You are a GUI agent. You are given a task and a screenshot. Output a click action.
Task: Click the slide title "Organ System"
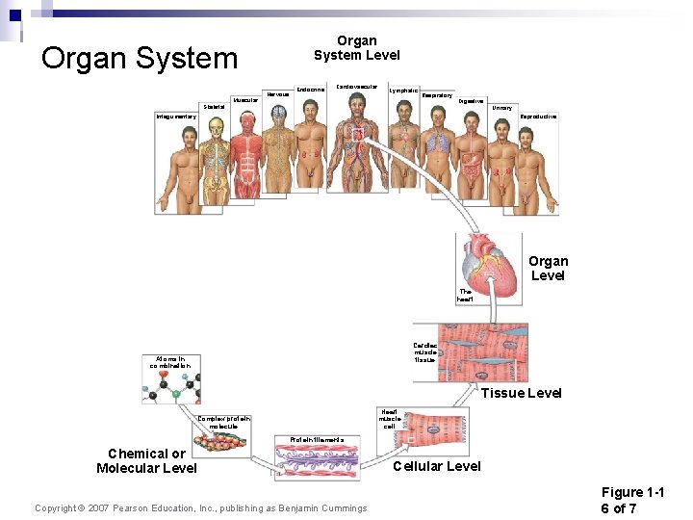pos(140,58)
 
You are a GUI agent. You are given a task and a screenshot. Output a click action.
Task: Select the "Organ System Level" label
pos(356,48)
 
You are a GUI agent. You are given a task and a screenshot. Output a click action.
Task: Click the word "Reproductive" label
pos(538,117)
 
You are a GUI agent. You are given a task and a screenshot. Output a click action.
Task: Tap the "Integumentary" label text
pos(176,117)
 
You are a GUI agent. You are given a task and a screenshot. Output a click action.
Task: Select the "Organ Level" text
pos(548,268)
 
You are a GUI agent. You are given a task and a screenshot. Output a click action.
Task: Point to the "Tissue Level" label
pos(521,393)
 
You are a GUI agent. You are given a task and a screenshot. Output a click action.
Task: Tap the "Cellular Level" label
pos(437,466)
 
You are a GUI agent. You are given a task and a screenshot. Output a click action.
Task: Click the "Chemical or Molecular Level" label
pos(146,460)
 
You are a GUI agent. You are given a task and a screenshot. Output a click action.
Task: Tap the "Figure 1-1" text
pos(646,492)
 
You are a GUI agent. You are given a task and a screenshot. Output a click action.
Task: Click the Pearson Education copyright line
pos(200,508)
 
